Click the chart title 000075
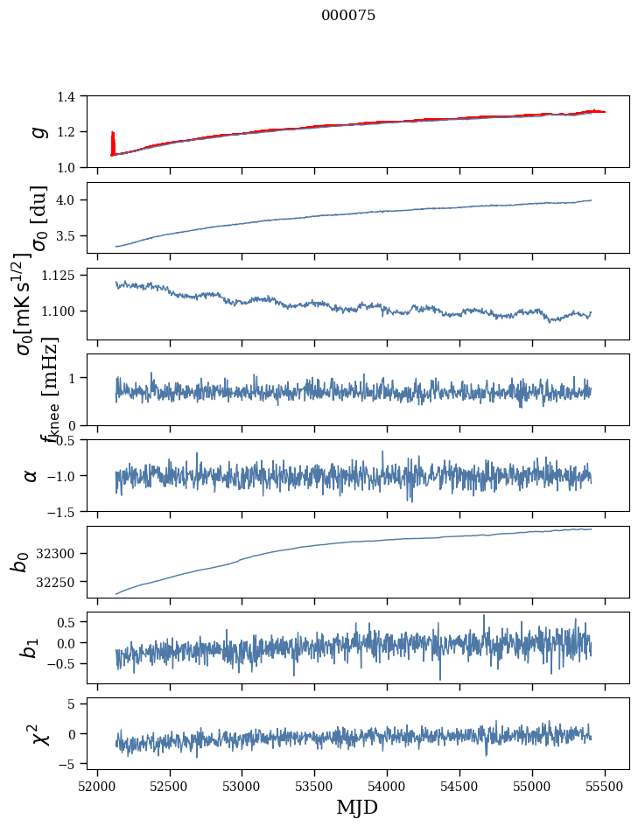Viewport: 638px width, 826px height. pos(348,16)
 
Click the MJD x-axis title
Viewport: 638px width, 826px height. pos(357,807)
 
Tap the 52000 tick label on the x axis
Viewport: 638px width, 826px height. pos(97,785)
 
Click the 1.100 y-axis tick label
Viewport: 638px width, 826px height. pos(61,311)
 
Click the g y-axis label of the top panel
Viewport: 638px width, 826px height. pos(37,131)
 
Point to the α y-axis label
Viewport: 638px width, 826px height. pos(31,475)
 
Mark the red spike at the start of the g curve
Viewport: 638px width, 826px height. pos(113,140)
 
